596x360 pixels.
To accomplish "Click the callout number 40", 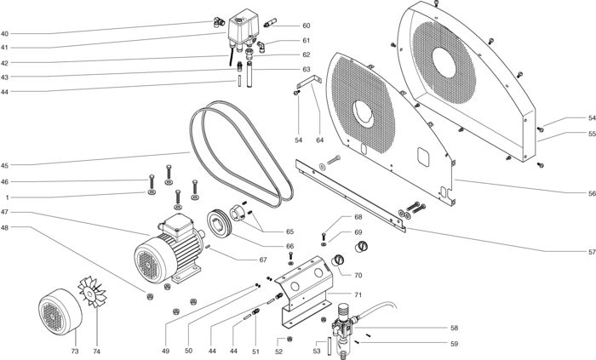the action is coord(4,33).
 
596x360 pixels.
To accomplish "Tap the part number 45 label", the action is coord(4,166).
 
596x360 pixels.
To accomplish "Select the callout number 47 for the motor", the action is coord(4,212).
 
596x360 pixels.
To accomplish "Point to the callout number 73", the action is coord(75,351).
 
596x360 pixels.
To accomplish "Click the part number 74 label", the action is coord(97,351).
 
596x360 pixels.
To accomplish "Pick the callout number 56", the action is coord(592,193).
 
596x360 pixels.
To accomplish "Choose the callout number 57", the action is coord(592,251).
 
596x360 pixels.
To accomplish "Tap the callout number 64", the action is coord(320,140).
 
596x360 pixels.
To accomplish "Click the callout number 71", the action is coord(358,294).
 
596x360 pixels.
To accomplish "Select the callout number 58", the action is coord(454,329).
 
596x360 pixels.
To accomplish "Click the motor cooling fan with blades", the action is coord(92,292).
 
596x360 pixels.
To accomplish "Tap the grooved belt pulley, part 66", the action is coord(220,224).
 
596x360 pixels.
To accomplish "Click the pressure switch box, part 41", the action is coord(244,27).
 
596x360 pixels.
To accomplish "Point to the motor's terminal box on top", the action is coord(179,226).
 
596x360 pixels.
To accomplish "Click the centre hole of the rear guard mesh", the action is coord(444,63).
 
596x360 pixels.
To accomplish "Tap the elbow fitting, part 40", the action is coord(218,22).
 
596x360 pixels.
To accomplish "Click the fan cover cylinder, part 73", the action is coord(60,311).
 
